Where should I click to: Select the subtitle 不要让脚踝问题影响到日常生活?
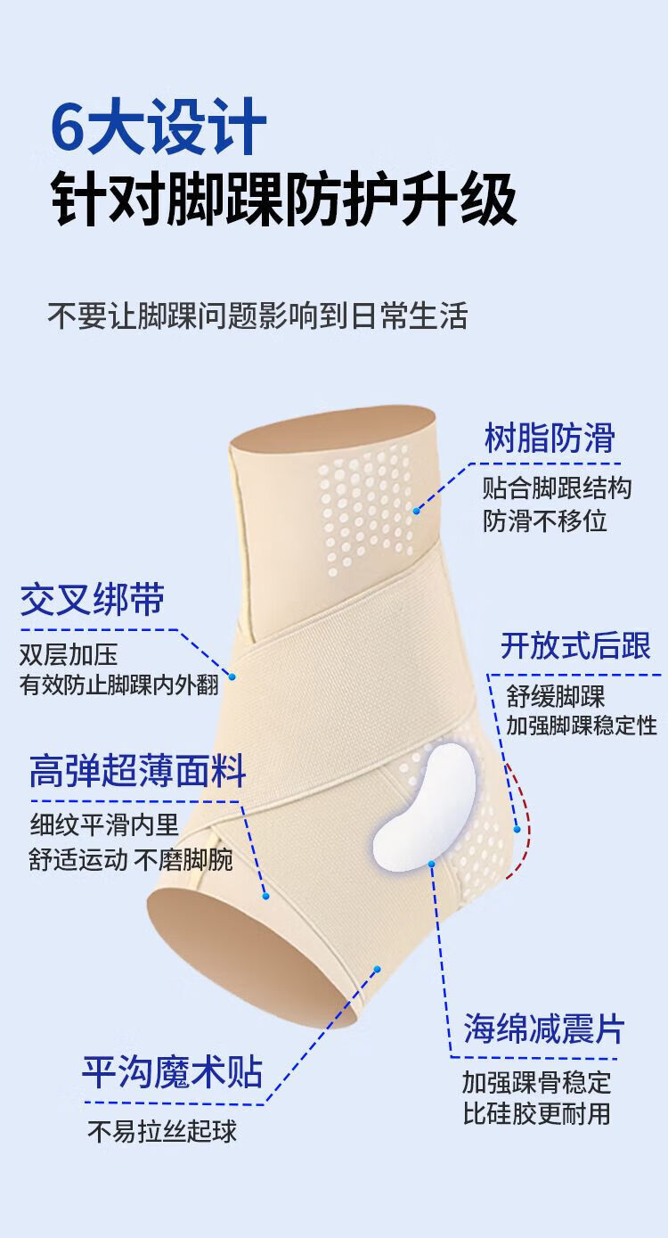[257, 316]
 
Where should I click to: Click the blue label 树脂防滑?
[550, 438]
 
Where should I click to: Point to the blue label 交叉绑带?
[92, 600]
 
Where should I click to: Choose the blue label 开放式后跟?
[575, 645]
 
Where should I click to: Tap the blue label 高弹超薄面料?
[137, 772]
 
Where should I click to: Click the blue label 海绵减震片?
[543, 1029]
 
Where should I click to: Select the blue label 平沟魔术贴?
[172, 1071]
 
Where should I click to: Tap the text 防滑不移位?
[545, 521]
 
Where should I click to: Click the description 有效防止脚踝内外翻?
[118, 685]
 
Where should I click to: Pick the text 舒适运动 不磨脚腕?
[130, 860]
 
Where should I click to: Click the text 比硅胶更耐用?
[536, 1113]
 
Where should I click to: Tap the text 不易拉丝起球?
[162, 1131]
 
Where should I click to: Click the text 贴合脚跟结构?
[557, 488]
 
